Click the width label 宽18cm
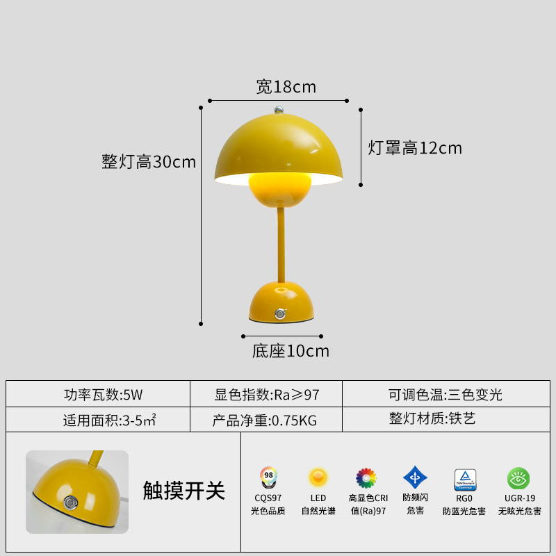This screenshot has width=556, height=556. coord(286,87)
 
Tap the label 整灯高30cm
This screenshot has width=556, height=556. coord(149,162)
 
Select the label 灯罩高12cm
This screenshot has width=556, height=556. coord(415,148)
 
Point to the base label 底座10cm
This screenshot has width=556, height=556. coord(291,351)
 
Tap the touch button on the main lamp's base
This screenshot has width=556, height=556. coord(281,313)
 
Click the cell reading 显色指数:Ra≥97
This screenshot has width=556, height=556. coord(267,395)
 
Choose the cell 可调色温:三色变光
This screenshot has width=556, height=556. coord(445,395)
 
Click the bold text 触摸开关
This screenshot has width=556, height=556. coord(184,491)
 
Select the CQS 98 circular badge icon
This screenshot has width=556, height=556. coord(268,477)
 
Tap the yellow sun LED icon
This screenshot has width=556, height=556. coord(318,477)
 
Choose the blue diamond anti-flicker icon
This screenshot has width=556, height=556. coord(415,477)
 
